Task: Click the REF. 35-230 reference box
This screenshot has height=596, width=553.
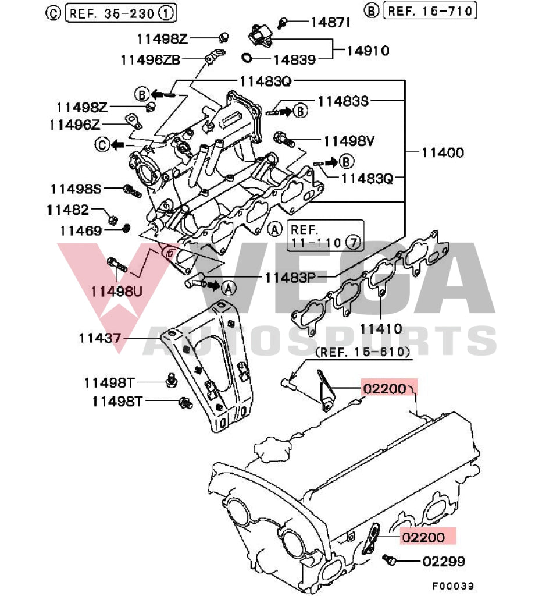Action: pyautogui.click(x=121, y=11)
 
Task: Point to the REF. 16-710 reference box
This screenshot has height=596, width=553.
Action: pyautogui.click(x=431, y=10)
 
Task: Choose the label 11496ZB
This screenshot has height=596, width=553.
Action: pyautogui.click(x=151, y=59)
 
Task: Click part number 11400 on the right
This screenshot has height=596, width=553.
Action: pyautogui.click(x=443, y=153)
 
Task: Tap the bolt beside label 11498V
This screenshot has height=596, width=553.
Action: pyautogui.click(x=283, y=139)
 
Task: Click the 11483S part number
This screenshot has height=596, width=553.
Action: pyautogui.click(x=343, y=101)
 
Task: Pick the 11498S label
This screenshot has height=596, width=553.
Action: pyautogui.click(x=76, y=189)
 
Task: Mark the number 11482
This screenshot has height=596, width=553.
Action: pyautogui.click(x=67, y=210)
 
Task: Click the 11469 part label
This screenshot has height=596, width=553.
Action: pyautogui.click(x=81, y=230)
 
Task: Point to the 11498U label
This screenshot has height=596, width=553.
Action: pyautogui.click(x=116, y=290)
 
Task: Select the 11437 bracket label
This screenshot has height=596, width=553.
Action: pyautogui.click(x=100, y=337)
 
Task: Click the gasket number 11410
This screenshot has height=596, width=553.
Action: pyautogui.click(x=381, y=329)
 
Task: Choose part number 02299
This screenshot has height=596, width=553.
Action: pyautogui.click(x=444, y=562)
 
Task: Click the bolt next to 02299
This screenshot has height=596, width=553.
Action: pyautogui.click(x=390, y=559)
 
